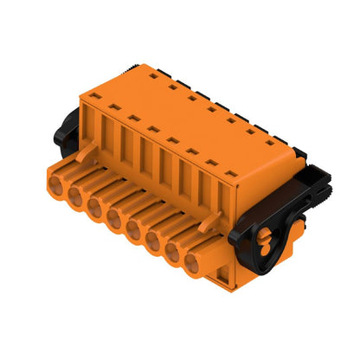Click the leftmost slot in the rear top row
(x=153, y=77)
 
